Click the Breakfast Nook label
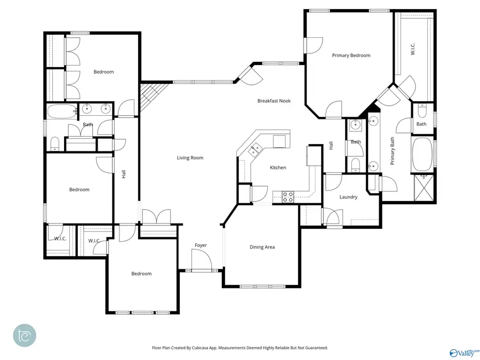pyautogui.click(x=274, y=101)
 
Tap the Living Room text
pyautogui.click(x=190, y=158)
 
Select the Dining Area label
pyautogui.click(x=262, y=247)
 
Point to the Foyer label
pyautogui.click(x=201, y=245)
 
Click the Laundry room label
pyautogui.click(x=348, y=197)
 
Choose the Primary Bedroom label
pyautogui.click(x=351, y=55)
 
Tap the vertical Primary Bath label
pyautogui.click(x=392, y=150)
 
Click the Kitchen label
pyautogui.click(x=278, y=167)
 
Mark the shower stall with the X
pyautogui.click(x=425, y=186)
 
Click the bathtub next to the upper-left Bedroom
pyautogui.click(x=62, y=112)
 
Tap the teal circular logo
pyautogui.click(x=25, y=335)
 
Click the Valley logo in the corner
pyautogui.click(x=463, y=353)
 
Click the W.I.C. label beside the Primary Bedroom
pyautogui.click(x=412, y=47)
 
